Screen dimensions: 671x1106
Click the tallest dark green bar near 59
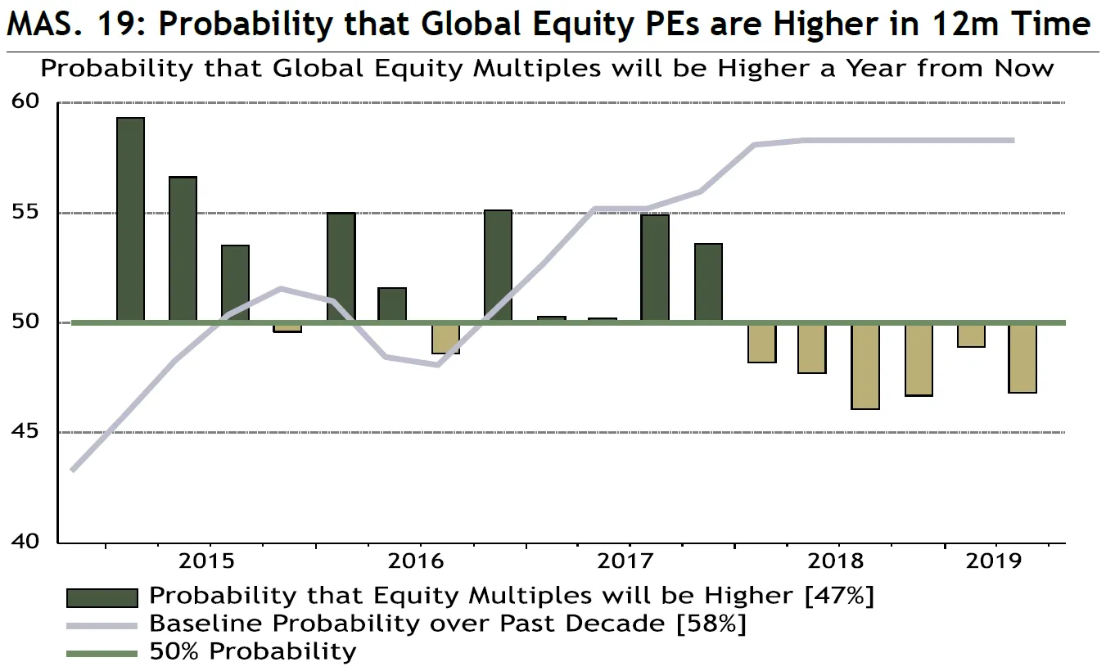pos(131,219)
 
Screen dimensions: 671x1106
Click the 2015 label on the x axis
pos(206,561)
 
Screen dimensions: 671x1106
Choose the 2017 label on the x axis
pos(626,561)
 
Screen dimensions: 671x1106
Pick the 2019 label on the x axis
pos(994,561)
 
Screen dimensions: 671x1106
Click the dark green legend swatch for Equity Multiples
pos(102,597)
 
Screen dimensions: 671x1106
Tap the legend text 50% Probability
pos(253,652)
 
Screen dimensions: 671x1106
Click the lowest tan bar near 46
pos(865,366)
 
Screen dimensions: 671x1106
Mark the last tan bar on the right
pos(1022,358)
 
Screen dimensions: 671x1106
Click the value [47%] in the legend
pos(839,596)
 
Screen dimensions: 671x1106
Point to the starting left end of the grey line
pos(73,471)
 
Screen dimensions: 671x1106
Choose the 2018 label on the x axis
pos(836,561)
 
